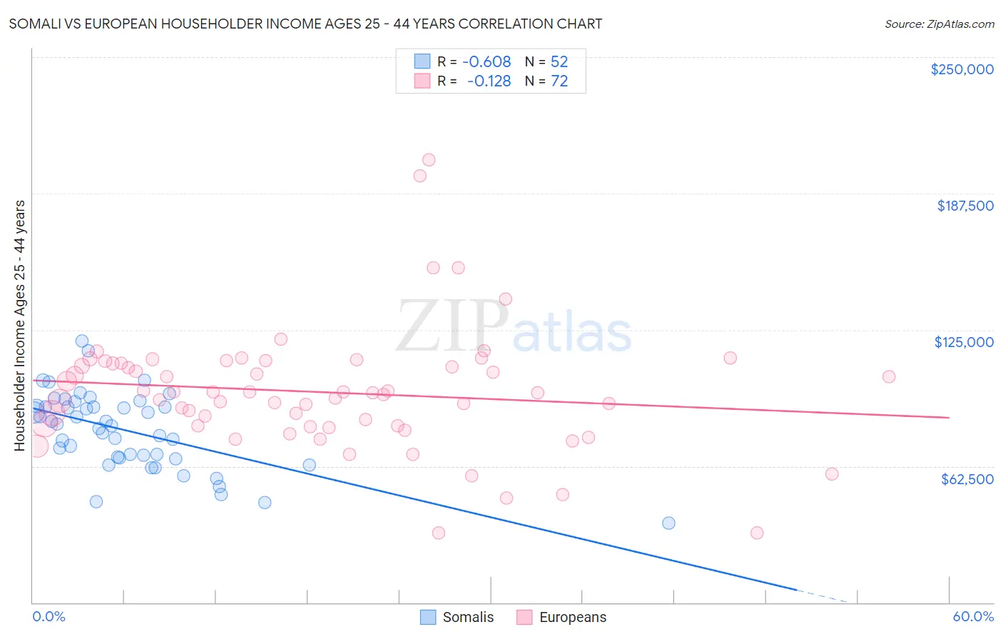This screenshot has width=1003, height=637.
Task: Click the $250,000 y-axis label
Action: point(962,69)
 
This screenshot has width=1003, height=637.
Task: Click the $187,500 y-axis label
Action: point(964,206)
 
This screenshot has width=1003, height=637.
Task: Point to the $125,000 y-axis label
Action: point(964,342)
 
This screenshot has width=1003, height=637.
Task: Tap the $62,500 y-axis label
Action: point(967,478)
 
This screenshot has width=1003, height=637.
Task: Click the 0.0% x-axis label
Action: point(49,616)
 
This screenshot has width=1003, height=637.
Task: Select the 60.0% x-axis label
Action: point(973,616)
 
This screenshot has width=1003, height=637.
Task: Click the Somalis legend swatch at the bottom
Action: point(428,617)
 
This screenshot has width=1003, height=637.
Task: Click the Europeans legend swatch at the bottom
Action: point(524,617)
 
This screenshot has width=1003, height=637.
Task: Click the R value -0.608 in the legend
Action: point(487,62)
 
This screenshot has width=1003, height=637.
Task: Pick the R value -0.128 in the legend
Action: point(489,81)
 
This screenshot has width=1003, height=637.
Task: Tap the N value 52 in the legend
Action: point(559,62)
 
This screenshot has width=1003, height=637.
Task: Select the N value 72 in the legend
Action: point(559,81)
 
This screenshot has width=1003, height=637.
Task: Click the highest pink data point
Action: point(429,160)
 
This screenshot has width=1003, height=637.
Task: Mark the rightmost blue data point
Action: point(668,523)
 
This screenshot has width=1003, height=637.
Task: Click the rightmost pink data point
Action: point(889,376)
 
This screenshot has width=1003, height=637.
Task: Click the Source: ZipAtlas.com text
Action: point(939,24)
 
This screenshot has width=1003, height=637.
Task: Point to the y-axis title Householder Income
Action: point(19,325)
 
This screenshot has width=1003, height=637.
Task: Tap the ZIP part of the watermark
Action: point(452,326)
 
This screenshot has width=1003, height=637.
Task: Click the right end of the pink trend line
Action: point(949,417)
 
